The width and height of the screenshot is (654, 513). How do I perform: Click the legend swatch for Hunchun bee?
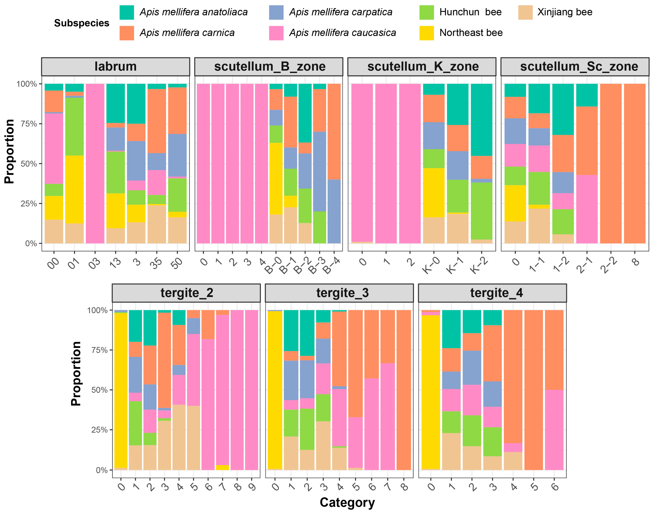coord(426,12)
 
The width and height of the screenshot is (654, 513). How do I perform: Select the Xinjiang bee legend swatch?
coord(525,12)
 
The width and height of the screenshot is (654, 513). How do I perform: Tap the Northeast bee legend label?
coord(471,33)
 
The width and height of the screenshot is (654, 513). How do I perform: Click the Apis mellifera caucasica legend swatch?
coord(276,33)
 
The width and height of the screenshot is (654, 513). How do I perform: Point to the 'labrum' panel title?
coord(116,66)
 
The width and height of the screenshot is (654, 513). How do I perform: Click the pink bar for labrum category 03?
coord(95,163)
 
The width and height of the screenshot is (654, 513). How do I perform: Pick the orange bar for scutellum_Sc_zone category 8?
coord(635,163)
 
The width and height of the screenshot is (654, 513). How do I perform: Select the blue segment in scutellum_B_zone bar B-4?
coord(334,211)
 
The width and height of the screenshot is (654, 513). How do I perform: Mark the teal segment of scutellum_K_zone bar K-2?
coord(481,120)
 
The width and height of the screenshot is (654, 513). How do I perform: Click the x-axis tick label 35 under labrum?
coord(156,262)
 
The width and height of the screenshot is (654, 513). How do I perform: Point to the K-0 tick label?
coord(431,265)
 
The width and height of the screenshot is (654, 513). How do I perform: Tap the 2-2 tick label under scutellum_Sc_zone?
coord(609,265)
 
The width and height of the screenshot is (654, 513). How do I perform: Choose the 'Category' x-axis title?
coord(347,502)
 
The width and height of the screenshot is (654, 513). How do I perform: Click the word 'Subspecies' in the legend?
coord(82,23)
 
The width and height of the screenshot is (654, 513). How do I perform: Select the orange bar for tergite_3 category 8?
coord(403,390)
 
